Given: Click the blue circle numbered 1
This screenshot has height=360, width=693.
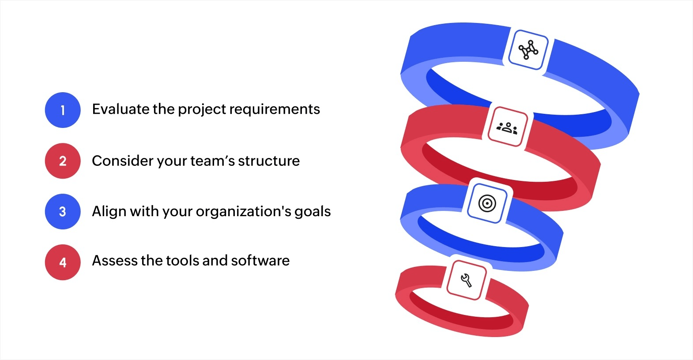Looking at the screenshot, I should point(63,110).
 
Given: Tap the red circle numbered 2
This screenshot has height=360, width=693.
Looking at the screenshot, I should point(63,161).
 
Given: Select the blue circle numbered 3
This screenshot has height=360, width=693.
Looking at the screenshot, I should point(63,212).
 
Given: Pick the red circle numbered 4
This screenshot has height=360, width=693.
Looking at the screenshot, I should point(63,262).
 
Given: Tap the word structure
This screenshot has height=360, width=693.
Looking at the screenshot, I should point(268,161).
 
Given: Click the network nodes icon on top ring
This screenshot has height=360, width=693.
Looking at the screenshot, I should point(528,50).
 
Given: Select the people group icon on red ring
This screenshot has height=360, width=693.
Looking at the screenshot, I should point(508,127).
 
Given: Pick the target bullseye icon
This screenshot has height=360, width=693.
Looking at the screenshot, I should point(487,203).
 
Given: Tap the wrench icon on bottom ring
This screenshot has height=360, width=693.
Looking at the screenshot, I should point(466,280).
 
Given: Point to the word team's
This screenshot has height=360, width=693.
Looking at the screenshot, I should point(213,161).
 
